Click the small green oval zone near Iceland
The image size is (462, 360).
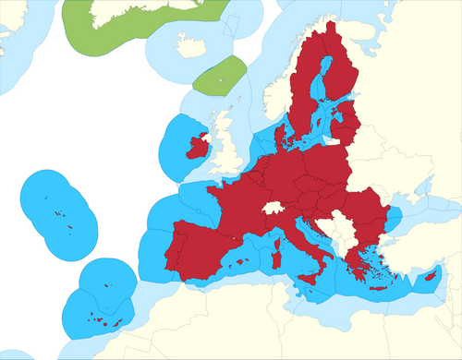(222, 76)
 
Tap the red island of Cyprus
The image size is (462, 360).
(429, 274)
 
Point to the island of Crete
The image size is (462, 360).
(378, 287)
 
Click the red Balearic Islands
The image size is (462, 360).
(245, 262)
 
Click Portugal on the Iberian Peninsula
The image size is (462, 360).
(171, 254)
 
